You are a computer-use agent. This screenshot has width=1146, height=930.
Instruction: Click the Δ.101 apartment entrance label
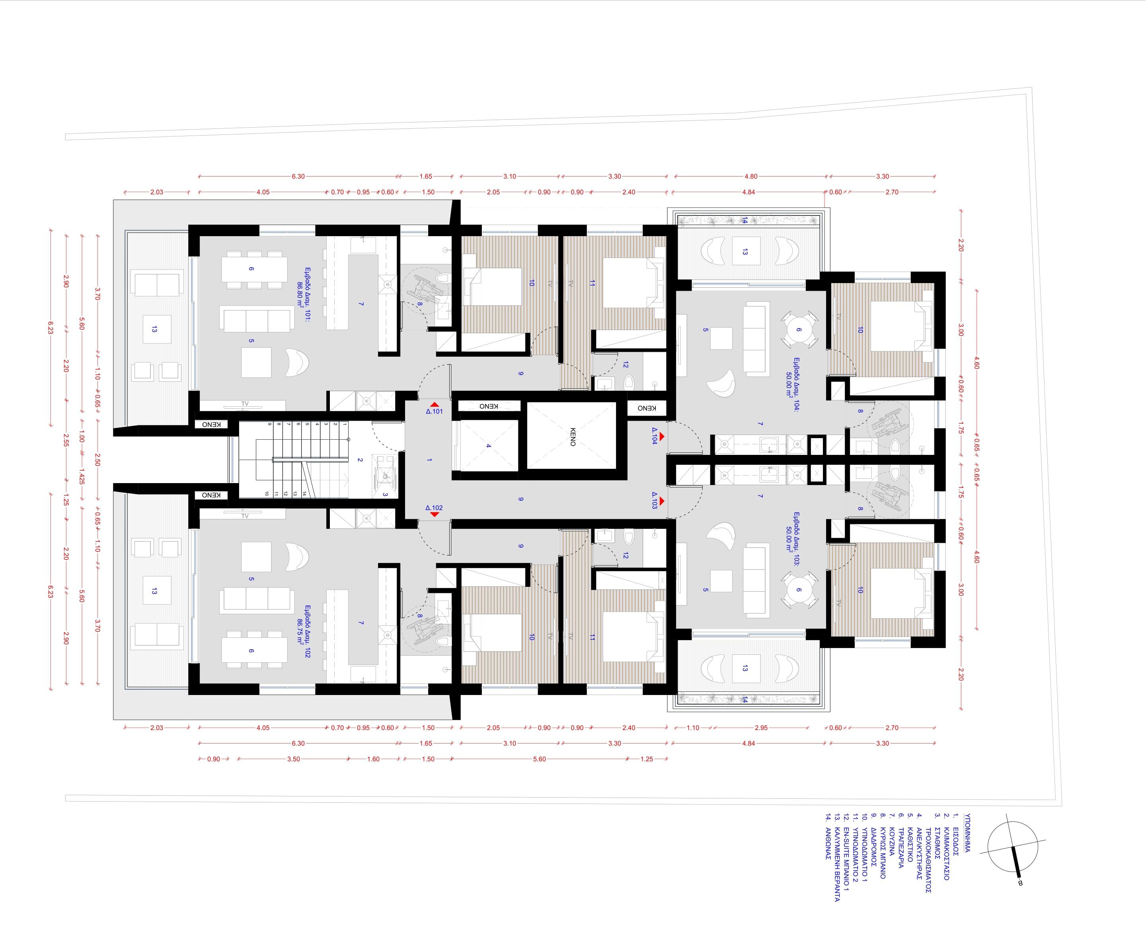click(x=434, y=412)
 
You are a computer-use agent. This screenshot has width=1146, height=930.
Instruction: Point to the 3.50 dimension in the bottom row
click(x=293, y=759)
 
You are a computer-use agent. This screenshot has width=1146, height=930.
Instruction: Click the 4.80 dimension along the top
click(x=750, y=176)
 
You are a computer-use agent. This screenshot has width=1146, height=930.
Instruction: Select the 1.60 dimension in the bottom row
click(x=373, y=759)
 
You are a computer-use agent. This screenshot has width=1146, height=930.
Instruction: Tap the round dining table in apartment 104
click(x=799, y=330)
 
